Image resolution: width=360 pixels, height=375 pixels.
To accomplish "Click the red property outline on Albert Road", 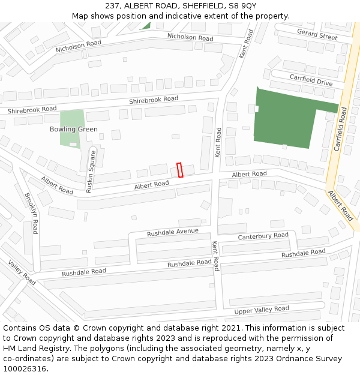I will point(179,170).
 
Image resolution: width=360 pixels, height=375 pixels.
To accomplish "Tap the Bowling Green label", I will point(73,129).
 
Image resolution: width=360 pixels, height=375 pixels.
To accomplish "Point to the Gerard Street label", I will point(317,35).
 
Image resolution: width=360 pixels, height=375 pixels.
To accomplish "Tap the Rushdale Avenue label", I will point(172,232).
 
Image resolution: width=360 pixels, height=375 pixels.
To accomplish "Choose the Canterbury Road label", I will point(263,236).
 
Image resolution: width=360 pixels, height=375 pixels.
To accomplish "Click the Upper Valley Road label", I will point(261,310).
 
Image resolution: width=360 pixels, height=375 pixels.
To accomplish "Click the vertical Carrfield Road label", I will point(340,128).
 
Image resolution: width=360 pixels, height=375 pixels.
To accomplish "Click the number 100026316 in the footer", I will point(25,368).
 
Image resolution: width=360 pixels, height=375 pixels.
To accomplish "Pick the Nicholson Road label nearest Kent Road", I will point(190,37).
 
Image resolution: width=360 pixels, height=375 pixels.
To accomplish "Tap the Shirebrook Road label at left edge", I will point(31,109).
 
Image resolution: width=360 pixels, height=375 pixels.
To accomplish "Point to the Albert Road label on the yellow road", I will point(340,206).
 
